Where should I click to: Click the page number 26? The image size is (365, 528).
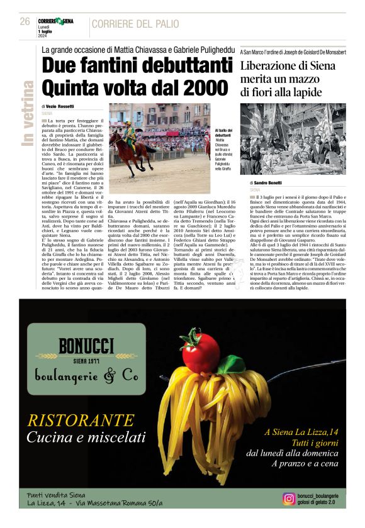point(25,21)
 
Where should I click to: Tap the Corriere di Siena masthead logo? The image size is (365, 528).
point(55,21)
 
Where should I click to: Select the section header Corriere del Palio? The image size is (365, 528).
point(135,24)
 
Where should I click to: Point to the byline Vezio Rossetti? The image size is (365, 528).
point(62,107)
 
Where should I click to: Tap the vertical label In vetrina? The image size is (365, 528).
point(28,114)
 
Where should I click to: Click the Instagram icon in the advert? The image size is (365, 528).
point(289,498)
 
